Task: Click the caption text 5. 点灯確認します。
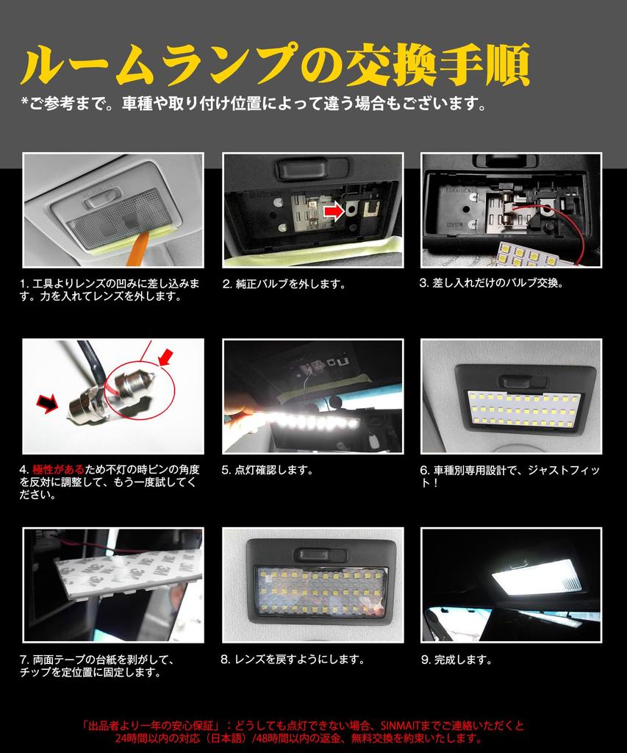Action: point(268,469)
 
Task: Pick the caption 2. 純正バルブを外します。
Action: point(284,283)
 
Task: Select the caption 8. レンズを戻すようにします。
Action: point(293,660)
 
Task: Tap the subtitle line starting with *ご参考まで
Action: point(254,102)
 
